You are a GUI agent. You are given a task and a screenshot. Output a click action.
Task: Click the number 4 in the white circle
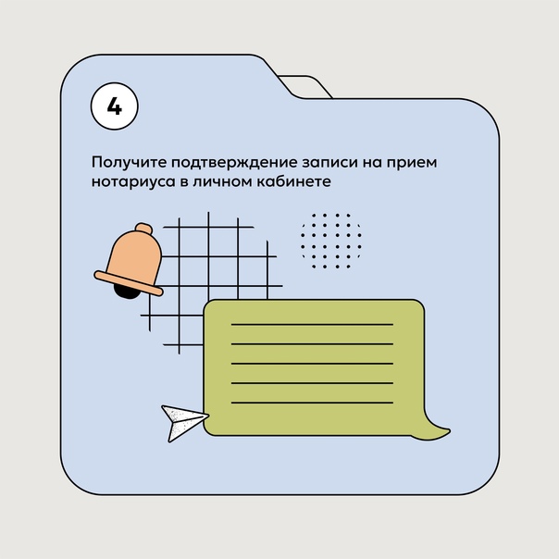tap(115, 106)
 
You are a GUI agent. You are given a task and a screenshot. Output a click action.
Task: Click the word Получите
tap(129, 162)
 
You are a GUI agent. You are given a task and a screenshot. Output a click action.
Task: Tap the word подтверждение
tap(234, 162)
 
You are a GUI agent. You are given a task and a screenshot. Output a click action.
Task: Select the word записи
tap(330, 162)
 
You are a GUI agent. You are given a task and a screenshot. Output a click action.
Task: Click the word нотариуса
tap(133, 181)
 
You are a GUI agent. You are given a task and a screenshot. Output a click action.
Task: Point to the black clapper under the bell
tap(126, 292)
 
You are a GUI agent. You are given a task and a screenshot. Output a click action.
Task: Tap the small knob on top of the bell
tap(143, 229)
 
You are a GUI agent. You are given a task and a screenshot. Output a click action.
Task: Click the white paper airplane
tap(182, 422)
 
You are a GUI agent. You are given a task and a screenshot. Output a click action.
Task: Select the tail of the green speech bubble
tap(435, 429)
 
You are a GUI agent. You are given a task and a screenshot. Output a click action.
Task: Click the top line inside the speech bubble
tap(312, 325)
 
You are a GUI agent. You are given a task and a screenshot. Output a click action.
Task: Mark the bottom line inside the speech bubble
tap(312, 403)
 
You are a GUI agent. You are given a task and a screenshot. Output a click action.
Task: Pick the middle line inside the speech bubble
tap(312, 364)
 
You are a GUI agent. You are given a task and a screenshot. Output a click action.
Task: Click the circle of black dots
tap(330, 241)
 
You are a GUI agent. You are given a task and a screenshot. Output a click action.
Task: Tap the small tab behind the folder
tap(306, 85)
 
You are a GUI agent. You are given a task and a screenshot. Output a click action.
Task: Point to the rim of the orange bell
tap(129, 283)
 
